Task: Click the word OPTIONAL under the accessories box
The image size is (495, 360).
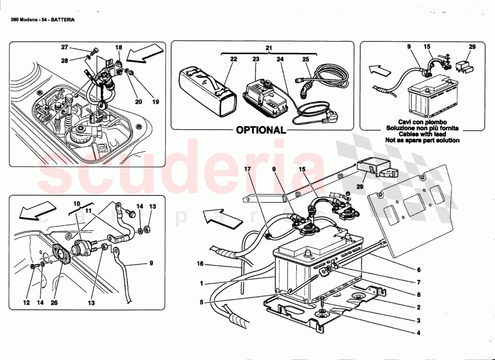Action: click(261, 130)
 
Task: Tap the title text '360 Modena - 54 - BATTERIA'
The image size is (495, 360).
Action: click(42, 20)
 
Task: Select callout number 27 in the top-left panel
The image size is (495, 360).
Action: click(64, 47)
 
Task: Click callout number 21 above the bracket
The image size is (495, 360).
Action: click(269, 48)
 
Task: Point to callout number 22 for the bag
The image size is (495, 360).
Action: click(233, 59)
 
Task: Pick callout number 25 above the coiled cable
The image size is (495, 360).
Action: click(306, 59)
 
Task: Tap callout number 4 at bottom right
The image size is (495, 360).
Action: click(418, 333)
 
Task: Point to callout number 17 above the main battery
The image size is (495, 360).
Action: click(247, 169)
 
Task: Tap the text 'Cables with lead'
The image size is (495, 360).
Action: click(422, 134)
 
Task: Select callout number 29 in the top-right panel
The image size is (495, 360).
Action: click(472, 47)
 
